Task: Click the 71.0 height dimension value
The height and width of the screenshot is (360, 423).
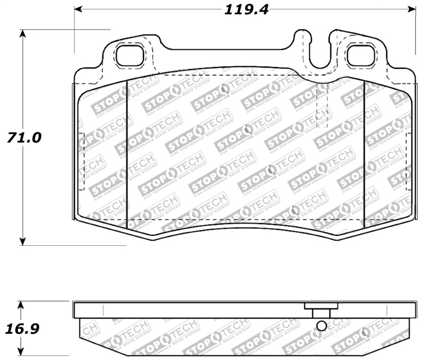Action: [23, 137]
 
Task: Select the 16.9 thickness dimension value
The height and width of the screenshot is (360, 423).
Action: [23, 329]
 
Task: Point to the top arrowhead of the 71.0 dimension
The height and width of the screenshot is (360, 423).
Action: [22, 33]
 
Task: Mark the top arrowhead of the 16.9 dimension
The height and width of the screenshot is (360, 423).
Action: [21, 305]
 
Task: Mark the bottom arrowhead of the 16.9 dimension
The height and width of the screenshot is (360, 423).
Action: [21, 353]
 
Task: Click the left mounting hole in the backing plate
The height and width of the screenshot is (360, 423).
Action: [129, 55]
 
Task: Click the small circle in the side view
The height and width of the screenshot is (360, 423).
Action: [320, 327]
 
